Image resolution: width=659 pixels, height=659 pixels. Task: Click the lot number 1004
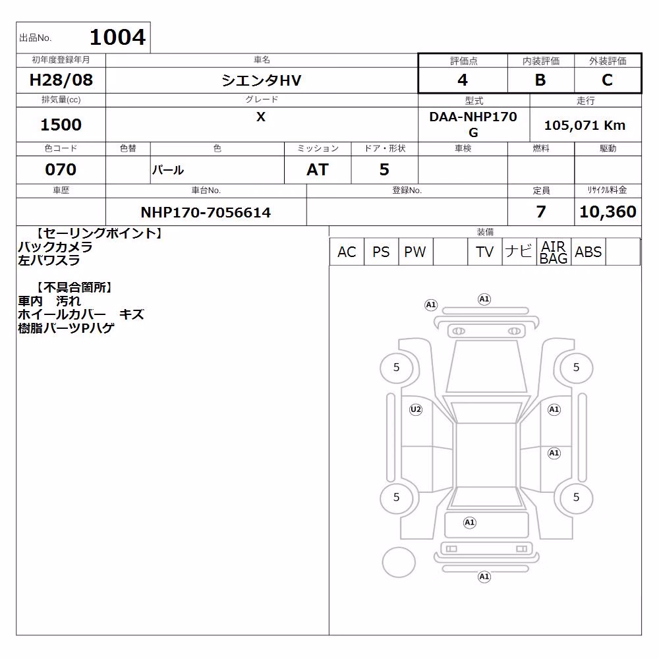pos(118,38)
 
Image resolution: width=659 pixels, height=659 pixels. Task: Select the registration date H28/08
pos(61,80)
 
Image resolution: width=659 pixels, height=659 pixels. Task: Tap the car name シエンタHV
pos(262,80)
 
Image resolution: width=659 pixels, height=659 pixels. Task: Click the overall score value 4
pos(463,80)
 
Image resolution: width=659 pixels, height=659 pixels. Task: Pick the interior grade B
pos(540,80)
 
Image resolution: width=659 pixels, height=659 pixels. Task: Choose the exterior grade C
pos(608,80)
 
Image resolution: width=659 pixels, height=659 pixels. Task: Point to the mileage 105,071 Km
pos(585,125)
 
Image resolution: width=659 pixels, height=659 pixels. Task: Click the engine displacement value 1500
pos(61,125)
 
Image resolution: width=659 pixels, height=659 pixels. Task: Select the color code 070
pos(61,169)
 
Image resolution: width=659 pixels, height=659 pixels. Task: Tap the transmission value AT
pos(318,169)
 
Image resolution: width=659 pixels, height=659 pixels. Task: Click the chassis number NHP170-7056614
pos(206,212)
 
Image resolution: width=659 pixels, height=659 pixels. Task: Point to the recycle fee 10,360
pos(608,212)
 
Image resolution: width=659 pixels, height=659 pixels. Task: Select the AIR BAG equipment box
pos(554,252)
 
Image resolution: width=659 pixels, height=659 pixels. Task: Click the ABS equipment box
pos(588,252)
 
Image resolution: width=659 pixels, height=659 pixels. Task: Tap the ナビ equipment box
pos(519,252)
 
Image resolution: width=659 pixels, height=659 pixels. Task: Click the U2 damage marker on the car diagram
pos(416,409)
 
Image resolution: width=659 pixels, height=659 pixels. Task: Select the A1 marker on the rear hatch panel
pos(469,523)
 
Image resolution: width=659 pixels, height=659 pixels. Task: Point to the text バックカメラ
pos(55,246)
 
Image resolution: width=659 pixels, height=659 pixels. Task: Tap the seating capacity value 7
pos(541,212)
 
